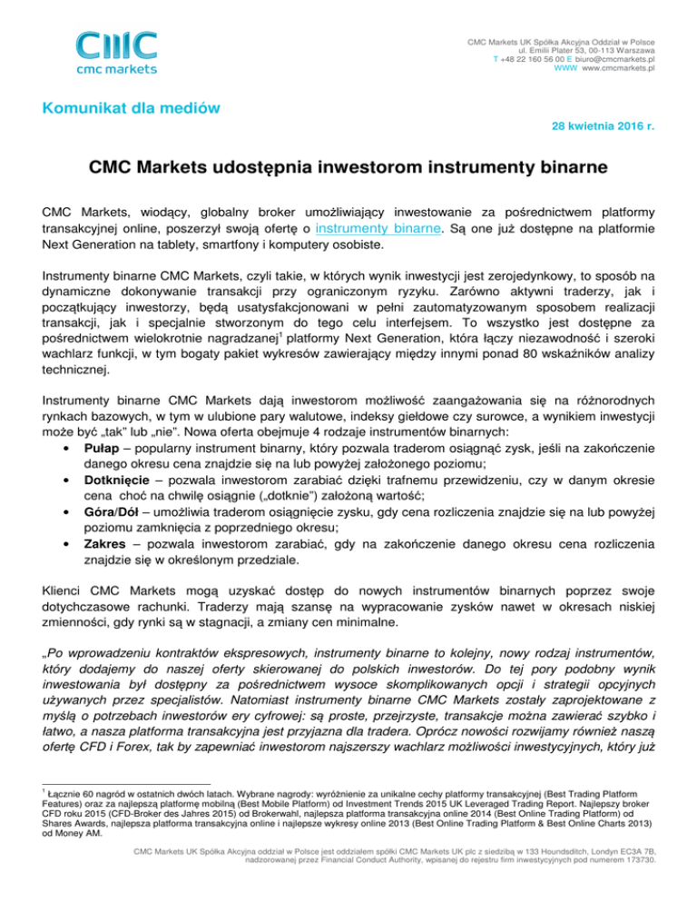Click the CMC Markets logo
pyautogui.click(x=116, y=52)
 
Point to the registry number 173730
pyautogui.click(x=639, y=886)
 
